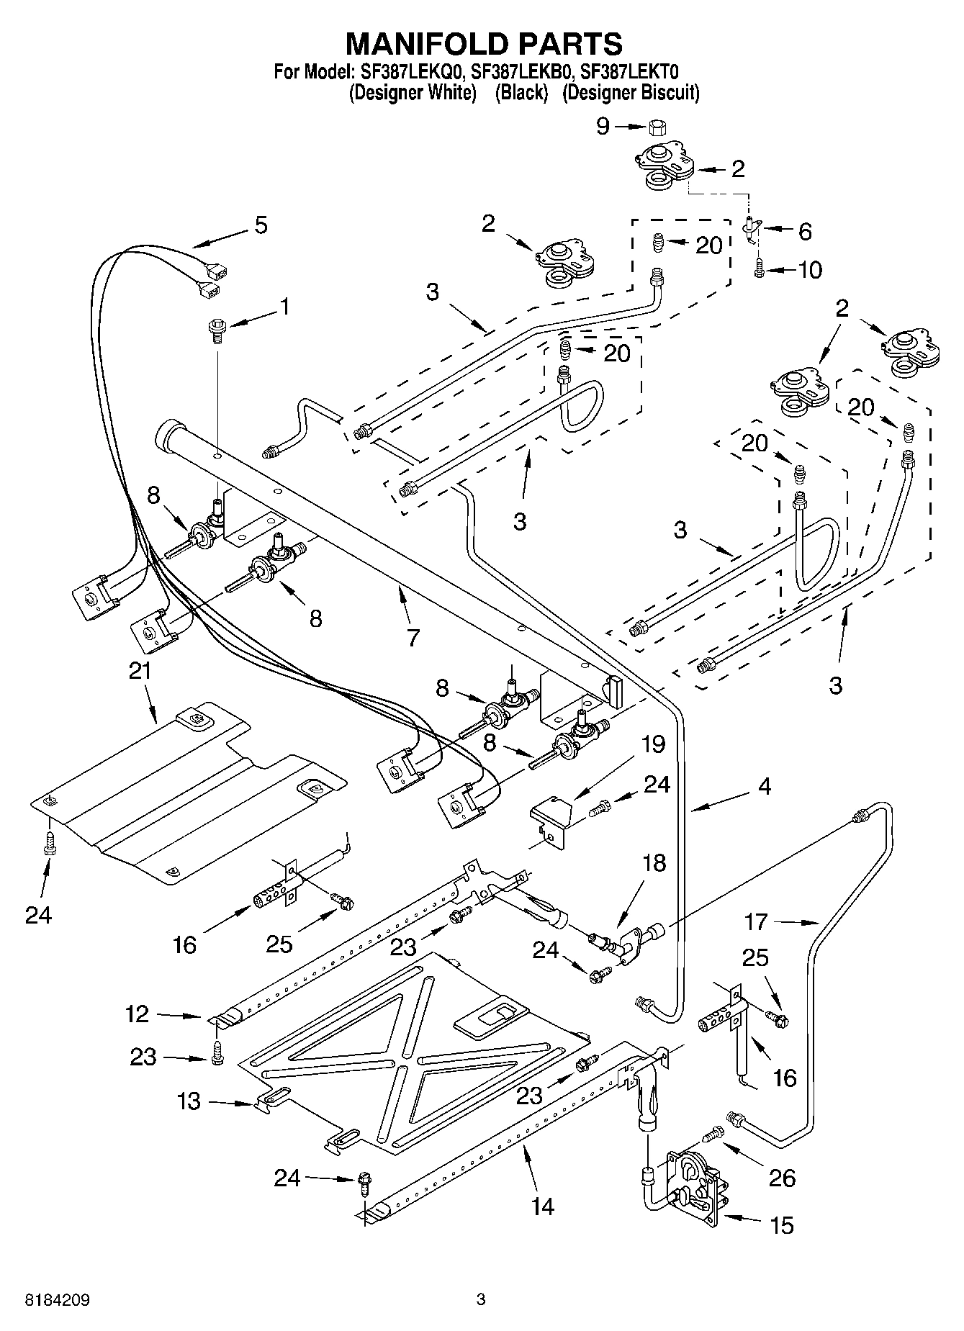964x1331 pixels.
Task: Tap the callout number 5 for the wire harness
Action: tap(261, 225)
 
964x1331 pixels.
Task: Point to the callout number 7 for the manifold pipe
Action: tap(413, 637)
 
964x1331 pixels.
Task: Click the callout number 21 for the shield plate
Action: tap(140, 671)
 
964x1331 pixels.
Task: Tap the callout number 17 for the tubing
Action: tap(757, 921)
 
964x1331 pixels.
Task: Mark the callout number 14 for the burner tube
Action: tap(542, 1206)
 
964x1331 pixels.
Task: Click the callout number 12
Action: tap(137, 1014)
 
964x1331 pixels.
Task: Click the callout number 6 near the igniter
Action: tap(804, 231)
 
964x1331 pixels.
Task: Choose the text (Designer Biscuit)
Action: tap(631, 93)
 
